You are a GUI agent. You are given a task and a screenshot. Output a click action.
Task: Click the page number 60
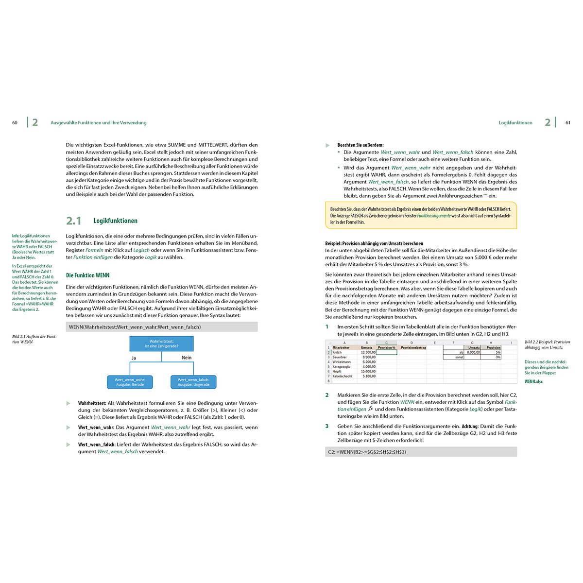pos(15,123)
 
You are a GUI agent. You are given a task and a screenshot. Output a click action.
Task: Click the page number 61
pos(568,123)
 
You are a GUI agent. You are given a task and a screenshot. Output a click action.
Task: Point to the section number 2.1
pos(74,221)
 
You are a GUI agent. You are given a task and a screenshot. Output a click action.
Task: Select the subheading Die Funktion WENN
pos(88,275)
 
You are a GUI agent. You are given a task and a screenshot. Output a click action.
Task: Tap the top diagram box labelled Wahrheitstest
pos(161,343)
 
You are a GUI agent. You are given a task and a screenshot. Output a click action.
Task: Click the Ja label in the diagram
pos(134,358)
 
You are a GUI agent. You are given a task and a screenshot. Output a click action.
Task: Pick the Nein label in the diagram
pos(187,358)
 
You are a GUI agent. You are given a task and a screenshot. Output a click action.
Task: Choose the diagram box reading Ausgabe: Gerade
pos(130,382)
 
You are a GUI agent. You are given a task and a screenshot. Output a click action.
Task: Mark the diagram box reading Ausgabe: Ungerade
pos(193,382)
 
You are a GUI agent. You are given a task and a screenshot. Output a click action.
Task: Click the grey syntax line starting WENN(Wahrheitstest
pos(161,327)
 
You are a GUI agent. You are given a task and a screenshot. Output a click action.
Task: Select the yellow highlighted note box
pos(421,215)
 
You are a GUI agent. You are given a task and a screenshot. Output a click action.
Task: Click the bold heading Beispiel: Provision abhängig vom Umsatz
pos(374,243)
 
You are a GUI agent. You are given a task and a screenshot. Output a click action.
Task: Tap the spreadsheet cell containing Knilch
pos(337,352)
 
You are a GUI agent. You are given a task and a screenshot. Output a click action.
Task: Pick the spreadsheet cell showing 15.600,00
pos(368,371)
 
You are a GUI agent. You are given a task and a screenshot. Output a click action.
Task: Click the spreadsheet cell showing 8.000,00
pos(473,352)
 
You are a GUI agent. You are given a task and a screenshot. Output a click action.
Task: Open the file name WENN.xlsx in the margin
pos(533,381)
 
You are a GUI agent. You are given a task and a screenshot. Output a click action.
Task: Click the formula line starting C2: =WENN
pos(421,452)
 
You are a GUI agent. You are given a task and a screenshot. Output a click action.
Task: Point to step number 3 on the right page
pos(327,426)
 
